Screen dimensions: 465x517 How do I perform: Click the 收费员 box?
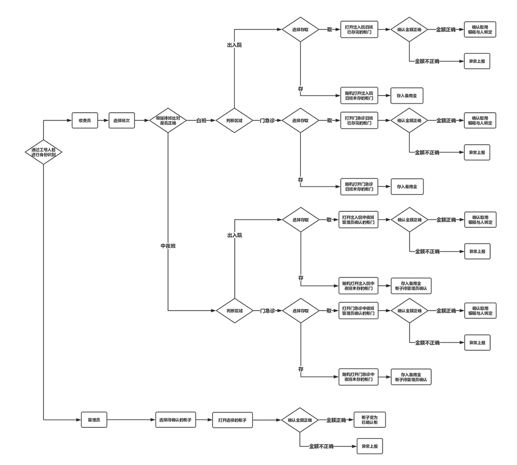click(x=84, y=120)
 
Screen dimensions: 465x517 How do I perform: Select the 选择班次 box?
click(x=121, y=120)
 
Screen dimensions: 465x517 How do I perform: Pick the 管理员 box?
click(x=94, y=420)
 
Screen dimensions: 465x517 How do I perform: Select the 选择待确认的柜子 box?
click(x=175, y=420)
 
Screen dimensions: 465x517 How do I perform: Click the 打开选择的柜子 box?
click(x=232, y=420)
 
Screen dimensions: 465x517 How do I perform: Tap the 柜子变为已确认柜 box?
click(x=370, y=420)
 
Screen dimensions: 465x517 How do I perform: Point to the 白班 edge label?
click(x=201, y=120)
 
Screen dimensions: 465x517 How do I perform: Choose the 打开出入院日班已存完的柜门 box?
click(x=359, y=29)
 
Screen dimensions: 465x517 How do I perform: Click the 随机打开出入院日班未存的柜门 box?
click(x=359, y=96)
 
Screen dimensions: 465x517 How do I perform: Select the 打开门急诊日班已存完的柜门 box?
click(x=359, y=120)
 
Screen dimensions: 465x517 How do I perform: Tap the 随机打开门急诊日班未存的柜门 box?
click(x=359, y=186)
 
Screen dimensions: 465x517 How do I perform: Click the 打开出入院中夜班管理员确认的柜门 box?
click(x=359, y=220)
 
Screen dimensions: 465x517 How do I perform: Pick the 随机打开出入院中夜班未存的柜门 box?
click(x=359, y=286)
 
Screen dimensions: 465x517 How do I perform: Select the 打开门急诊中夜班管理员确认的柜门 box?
click(x=359, y=311)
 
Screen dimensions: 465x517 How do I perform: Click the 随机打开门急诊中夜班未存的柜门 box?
click(x=359, y=376)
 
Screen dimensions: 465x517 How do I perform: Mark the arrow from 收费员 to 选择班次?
click(x=103, y=120)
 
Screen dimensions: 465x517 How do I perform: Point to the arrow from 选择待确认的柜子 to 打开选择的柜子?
click(x=204, y=420)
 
